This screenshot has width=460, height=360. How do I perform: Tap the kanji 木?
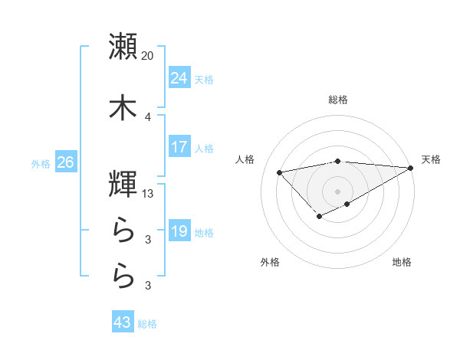pos(123,108)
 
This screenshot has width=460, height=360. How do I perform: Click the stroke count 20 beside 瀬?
pos(148,56)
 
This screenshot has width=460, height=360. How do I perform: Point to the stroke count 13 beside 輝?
pos(148,194)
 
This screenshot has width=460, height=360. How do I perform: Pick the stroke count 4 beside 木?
pos(148,116)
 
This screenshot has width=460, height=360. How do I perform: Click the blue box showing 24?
pos(179,78)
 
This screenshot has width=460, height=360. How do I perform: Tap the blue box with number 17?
pos(179,147)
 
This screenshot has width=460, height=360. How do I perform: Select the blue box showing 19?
pos(179,231)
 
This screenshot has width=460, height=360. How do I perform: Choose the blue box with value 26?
pos(65,162)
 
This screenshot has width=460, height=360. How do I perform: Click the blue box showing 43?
pos(123,323)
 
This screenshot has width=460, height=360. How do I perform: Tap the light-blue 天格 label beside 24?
pos(204,79)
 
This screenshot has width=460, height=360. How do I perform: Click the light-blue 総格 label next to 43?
pos(147,324)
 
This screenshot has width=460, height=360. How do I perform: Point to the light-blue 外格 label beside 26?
pos(41,163)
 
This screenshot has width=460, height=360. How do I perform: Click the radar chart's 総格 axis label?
pos(338,100)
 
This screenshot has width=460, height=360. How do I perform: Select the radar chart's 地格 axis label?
pos(402,262)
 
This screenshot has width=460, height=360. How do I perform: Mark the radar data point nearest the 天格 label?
pos(412,168)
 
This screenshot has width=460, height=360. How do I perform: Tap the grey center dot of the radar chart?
pos(338,191)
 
